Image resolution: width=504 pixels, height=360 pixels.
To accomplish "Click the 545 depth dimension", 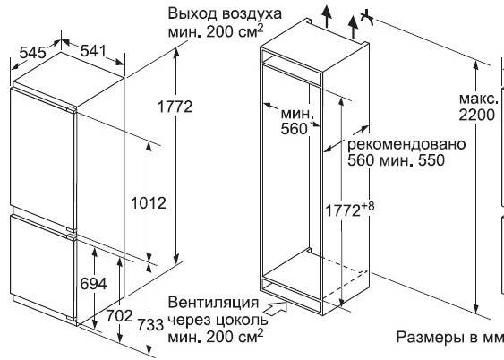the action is pos(32,53).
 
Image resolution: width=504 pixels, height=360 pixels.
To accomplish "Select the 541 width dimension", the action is pos(93,51).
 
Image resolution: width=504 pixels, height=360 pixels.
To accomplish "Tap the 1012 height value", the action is pos(149,203).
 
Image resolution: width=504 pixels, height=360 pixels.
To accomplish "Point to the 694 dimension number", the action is pos(93,284).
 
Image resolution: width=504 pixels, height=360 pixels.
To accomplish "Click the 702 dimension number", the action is pos(119,316).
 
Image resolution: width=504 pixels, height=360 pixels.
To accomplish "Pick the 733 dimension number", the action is pos(150,325).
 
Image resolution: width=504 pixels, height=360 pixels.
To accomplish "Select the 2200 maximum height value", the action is pos(476,115).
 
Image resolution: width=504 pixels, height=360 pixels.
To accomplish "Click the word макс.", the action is pos(479,99).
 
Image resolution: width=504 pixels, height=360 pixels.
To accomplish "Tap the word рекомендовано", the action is pos(406,144).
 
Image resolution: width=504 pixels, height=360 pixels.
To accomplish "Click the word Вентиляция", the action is pos(213,303).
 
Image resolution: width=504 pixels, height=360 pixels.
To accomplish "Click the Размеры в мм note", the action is pos(449,337).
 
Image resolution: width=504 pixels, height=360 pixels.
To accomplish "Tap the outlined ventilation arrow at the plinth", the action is pos(276,307).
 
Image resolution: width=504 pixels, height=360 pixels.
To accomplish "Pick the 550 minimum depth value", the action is pos(431,160).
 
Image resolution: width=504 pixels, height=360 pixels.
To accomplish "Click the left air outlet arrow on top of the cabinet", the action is pos(327,16).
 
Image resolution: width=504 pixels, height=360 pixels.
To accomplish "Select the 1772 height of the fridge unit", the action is pos(175,107).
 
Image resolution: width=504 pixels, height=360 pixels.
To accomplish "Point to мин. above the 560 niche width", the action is pos(296,114).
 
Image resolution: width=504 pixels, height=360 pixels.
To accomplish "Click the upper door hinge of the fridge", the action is pos(72,109).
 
